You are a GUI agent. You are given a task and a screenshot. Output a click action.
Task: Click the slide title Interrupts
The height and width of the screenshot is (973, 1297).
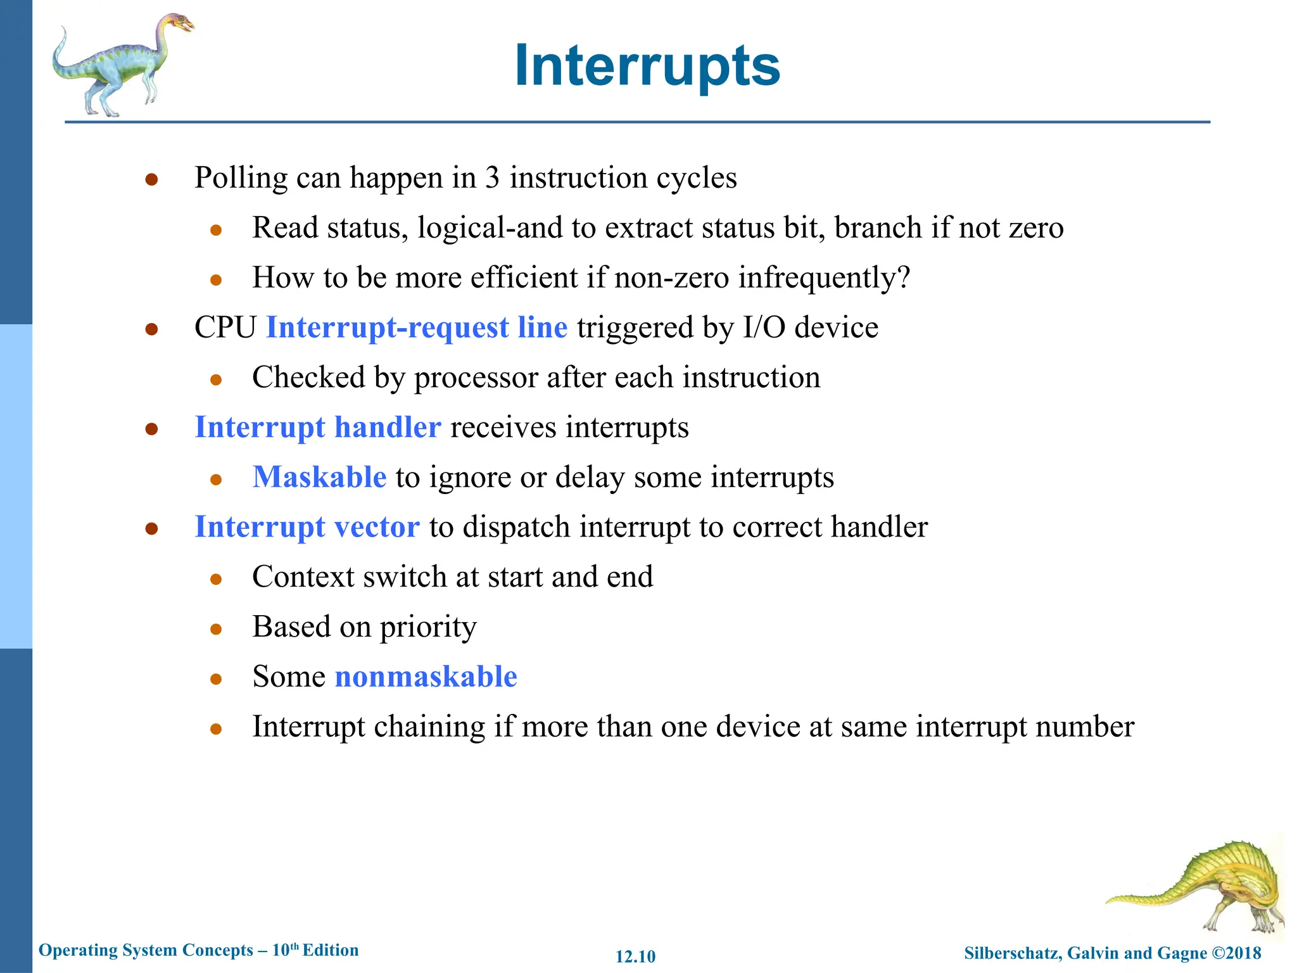coord(647,66)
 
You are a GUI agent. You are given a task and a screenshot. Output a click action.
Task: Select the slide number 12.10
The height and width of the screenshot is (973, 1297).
coord(635,957)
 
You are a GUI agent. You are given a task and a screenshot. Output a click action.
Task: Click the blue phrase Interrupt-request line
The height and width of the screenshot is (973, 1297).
coord(417,328)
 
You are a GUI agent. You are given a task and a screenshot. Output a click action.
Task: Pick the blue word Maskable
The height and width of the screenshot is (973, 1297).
coord(319,477)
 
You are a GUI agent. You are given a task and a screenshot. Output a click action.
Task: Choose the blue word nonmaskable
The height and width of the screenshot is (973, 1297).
coord(426,677)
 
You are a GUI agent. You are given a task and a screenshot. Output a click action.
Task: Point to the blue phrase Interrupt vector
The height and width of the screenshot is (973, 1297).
coord(307,527)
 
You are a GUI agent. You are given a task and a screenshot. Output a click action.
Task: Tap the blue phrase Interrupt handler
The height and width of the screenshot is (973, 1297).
coord(318,427)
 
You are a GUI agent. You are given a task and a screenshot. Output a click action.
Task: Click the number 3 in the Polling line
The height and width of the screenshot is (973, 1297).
coord(492,178)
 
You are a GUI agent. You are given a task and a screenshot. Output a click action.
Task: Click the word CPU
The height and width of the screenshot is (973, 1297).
coord(225,328)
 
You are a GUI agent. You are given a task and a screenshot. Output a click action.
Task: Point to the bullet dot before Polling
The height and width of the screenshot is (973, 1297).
coord(151,180)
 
